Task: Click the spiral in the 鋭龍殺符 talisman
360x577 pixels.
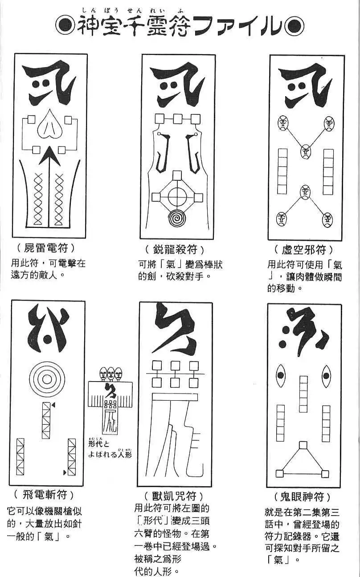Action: point(178,219)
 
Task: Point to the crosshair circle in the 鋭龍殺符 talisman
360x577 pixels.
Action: point(177,196)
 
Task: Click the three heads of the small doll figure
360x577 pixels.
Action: point(111,373)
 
